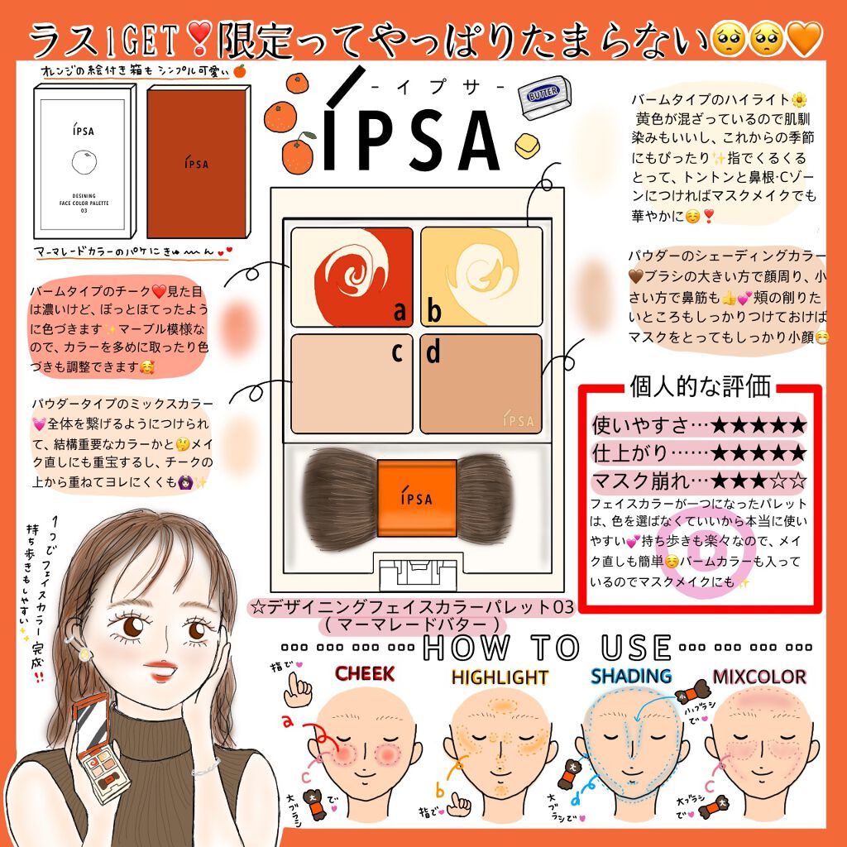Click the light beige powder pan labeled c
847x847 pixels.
tap(352, 383)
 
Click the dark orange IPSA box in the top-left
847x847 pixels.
tap(196, 163)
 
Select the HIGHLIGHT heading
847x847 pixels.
tap(500, 677)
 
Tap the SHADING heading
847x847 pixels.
tap(630, 676)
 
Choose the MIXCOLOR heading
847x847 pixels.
tap(758, 677)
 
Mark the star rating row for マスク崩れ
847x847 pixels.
tap(699, 481)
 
